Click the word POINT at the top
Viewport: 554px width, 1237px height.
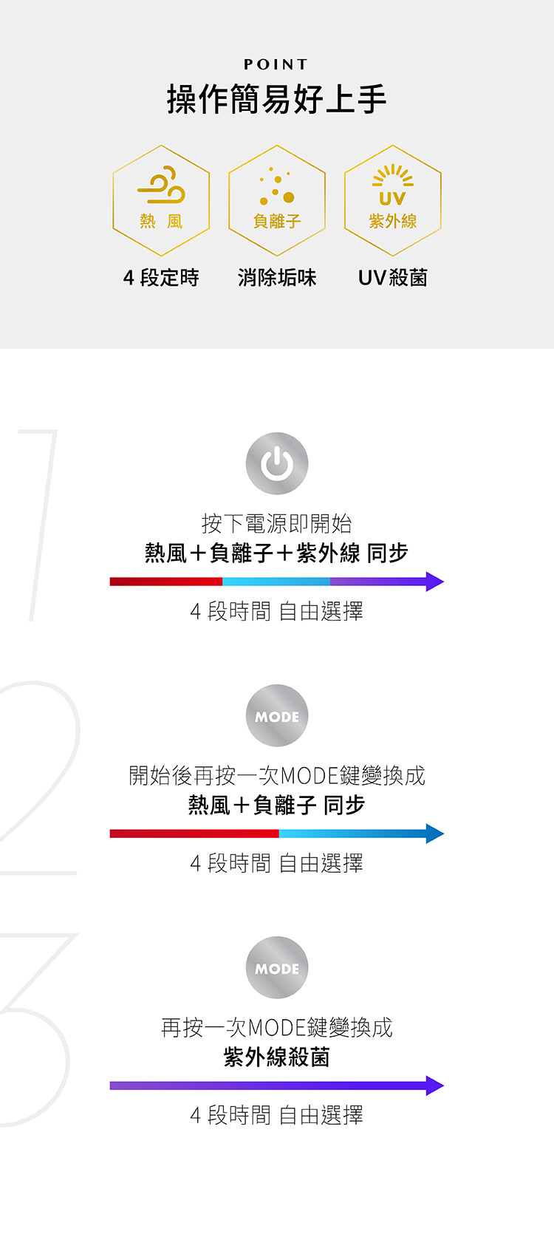pyautogui.click(x=276, y=64)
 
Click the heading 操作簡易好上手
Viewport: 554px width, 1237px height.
pyautogui.click(x=276, y=100)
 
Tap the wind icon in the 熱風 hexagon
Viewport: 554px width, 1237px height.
pyautogui.click(x=161, y=185)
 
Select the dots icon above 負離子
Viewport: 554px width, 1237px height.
pyautogui.click(x=277, y=186)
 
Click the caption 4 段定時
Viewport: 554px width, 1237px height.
pyautogui.click(x=161, y=278)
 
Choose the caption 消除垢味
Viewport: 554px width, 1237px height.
pyautogui.click(x=277, y=278)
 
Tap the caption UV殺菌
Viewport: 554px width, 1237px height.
pyautogui.click(x=393, y=278)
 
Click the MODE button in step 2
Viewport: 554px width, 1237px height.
pyautogui.click(x=277, y=716)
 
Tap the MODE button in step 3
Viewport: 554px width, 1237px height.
pyautogui.click(x=277, y=967)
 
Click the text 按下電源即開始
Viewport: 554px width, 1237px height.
pyautogui.click(x=276, y=523)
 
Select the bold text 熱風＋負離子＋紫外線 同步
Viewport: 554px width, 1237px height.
pyautogui.click(x=276, y=553)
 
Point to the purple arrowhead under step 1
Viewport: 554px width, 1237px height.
pyautogui.click(x=434, y=582)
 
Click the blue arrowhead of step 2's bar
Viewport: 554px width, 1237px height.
pyautogui.click(x=434, y=834)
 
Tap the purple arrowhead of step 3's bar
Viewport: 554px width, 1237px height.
pyautogui.click(x=434, y=1085)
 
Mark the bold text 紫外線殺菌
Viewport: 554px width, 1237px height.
pyautogui.click(x=276, y=1057)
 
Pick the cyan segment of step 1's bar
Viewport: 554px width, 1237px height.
pyautogui.click(x=276, y=582)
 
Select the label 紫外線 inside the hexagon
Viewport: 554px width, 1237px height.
pyautogui.click(x=393, y=222)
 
